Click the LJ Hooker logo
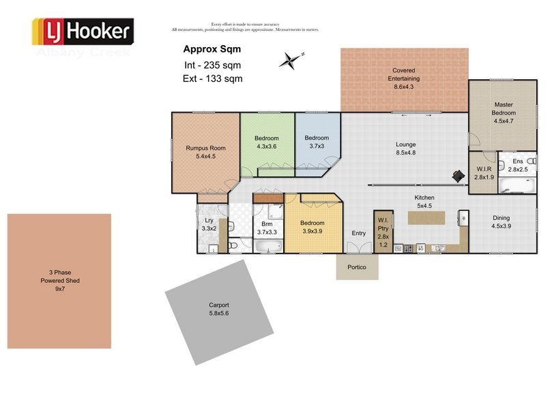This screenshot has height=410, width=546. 83,31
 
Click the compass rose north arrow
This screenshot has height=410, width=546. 291,61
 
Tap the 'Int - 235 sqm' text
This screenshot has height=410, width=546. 212,66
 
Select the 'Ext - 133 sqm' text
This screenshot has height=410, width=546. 213,79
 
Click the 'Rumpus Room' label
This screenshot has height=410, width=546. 205,148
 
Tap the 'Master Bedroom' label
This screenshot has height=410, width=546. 504,109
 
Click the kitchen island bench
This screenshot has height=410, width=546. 426,217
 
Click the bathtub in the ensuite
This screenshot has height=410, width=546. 517,185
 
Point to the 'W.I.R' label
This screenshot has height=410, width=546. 483,169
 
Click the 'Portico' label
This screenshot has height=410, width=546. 357,267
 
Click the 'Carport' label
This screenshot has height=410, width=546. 219,305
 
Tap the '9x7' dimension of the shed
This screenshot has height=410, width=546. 59,288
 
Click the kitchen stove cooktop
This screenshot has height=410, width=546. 407,247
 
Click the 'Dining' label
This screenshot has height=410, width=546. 502,218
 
